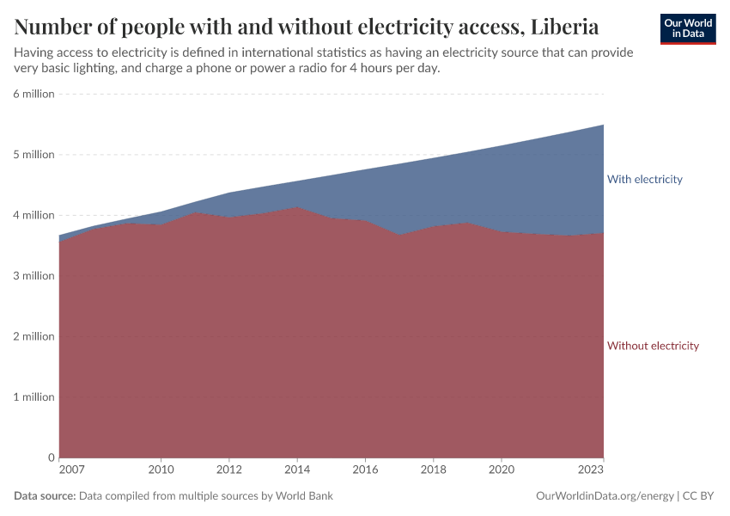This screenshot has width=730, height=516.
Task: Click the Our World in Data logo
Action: (687, 28)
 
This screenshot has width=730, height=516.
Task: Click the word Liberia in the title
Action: (564, 27)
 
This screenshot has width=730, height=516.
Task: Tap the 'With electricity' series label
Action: (644, 180)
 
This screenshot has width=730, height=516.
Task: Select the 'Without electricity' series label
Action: (653, 346)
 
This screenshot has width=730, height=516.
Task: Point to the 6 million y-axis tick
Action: (33, 94)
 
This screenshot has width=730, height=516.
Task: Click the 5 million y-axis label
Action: (33, 155)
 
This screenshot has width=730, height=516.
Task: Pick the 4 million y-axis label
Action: (33, 215)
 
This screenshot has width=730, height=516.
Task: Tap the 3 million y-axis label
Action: (33, 276)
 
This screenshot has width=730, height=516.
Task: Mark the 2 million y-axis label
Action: (33, 336)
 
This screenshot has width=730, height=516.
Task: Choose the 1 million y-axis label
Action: (33, 397)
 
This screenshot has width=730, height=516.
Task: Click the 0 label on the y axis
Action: (51, 458)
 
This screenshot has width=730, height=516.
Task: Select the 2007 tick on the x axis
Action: (71, 470)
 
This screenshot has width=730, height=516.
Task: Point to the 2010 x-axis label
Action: (161, 470)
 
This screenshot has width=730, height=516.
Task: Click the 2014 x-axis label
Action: (297, 470)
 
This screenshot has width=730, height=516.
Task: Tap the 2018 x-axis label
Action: (434, 470)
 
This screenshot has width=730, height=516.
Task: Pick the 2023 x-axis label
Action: (592, 470)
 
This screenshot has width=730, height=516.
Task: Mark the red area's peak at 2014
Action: (297, 207)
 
